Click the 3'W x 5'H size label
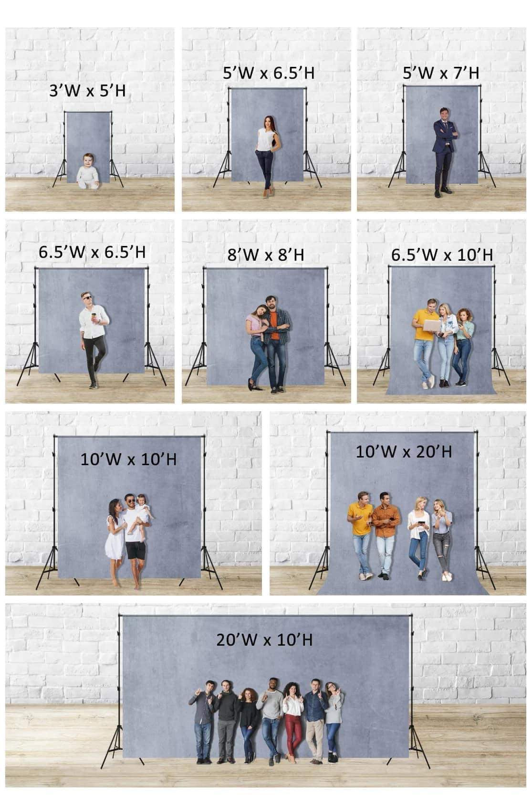pos(87,90)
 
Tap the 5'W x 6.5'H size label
pos(269,73)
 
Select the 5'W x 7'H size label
pos(441,73)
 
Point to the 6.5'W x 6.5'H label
pos(92,252)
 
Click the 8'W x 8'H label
pos(266,255)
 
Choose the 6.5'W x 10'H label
pos(442,255)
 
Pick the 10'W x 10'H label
pos(128,459)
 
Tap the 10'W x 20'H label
pos(404,451)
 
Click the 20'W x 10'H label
pos(264,639)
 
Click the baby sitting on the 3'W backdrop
pos(88,172)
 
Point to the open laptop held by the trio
pos(433,325)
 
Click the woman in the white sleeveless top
pos(266,155)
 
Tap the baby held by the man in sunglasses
pos(143,511)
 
